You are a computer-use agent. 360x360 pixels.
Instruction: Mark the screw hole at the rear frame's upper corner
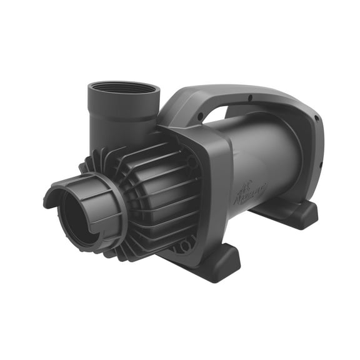pyautogui.click(x=316, y=118)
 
